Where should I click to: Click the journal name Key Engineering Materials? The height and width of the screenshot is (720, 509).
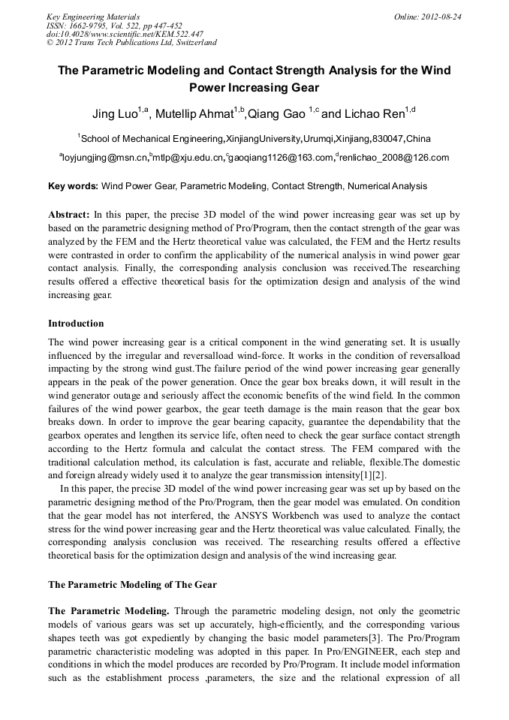click(x=92, y=16)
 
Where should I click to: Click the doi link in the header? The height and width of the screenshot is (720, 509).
click(x=125, y=34)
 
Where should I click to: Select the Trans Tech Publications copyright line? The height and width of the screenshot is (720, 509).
click(x=131, y=43)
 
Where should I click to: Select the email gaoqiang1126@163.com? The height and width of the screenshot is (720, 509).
click(x=280, y=158)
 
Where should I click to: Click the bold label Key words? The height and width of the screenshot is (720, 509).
click(x=73, y=186)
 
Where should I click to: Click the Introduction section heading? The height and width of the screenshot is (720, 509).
click(x=76, y=324)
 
